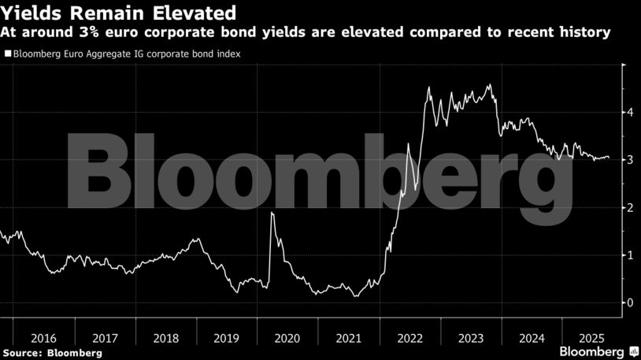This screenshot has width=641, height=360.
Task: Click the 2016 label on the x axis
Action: coord(44,338)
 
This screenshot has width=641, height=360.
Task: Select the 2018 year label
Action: coord(165,338)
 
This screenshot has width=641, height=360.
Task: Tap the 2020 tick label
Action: coord(287,338)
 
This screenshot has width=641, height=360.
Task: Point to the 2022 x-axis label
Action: coord(410,338)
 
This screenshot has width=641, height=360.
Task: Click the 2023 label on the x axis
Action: coord(471,338)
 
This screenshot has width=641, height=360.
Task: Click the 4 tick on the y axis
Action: coord(629,113)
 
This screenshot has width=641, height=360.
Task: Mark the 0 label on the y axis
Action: coord(629,302)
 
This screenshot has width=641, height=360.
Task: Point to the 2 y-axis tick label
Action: coord(629,208)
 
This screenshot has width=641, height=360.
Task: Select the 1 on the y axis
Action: coord(629,255)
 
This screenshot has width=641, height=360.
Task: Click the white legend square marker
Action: coord(7,54)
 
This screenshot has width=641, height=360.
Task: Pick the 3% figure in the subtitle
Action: coord(88,33)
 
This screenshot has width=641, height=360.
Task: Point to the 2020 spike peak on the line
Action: coord(272,213)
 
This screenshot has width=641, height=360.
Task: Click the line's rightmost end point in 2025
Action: coord(609,158)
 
